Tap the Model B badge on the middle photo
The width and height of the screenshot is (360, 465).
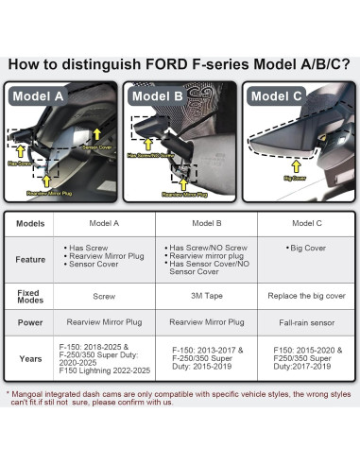(x=158, y=95)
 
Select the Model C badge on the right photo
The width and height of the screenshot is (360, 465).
(x=277, y=95)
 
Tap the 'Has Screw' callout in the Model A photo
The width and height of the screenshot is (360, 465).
(x=19, y=163)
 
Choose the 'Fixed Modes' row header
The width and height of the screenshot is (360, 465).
(x=28, y=296)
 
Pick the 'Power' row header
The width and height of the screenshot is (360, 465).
(x=28, y=321)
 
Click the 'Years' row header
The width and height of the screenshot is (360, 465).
(x=28, y=358)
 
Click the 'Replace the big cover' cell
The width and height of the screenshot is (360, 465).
(x=307, y=296)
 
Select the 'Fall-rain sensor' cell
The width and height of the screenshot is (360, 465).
(x=307, y=321)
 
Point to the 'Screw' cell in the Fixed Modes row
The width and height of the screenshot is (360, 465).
(x=104, y=296)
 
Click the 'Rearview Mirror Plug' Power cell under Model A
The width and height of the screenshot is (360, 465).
(x=104, y=321)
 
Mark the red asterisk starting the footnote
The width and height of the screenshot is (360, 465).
(x=9, y=393)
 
